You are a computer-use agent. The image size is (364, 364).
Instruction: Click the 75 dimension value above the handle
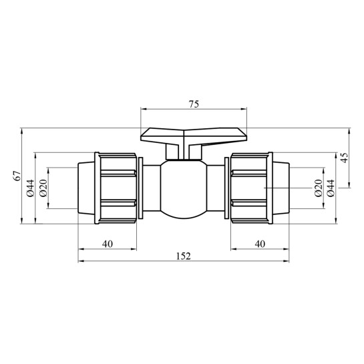[x=194, y=104]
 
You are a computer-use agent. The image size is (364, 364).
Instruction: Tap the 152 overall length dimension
[x=184, y=256]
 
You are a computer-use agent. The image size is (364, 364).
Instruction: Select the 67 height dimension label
[x=17, y=176]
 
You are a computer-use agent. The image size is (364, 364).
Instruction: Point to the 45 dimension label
[x=345, y=158]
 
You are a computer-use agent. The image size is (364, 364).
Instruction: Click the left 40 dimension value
[x=108, y=244]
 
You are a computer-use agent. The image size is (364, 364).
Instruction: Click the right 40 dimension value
[x=260, y=244]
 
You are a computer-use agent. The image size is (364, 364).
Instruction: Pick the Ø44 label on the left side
[x=31, y=188]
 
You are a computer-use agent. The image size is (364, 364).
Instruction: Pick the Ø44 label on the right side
[x=331, y=188]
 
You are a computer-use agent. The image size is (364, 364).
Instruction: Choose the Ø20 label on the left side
[x=43, y=188]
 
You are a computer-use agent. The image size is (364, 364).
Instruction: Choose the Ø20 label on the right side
[x=319, y=188]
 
